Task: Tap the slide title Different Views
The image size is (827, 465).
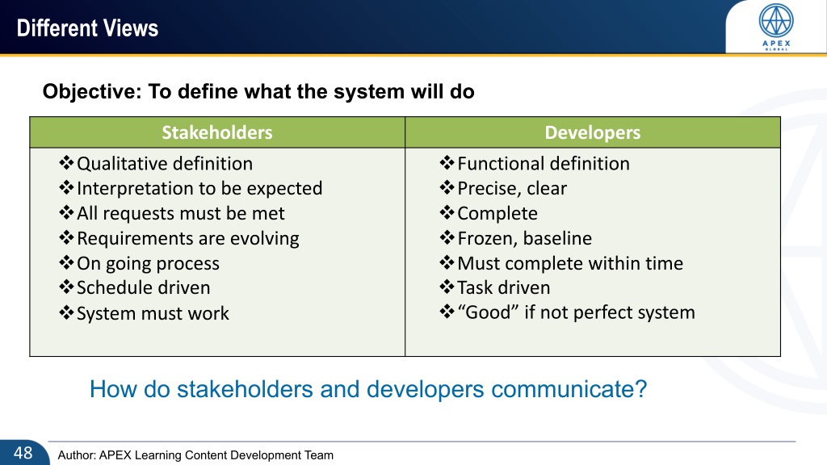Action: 87,28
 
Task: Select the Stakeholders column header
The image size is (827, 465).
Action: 216,132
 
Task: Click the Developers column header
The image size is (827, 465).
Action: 592,132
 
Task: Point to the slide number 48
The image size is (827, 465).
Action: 23,453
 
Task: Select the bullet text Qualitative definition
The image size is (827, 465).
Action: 165,163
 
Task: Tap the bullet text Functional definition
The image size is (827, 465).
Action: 544,163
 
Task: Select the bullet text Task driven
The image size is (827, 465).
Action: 504,288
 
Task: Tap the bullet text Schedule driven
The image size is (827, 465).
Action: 144,288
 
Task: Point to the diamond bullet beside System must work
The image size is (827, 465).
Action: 66,312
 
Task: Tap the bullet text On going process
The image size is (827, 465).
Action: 149,264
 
